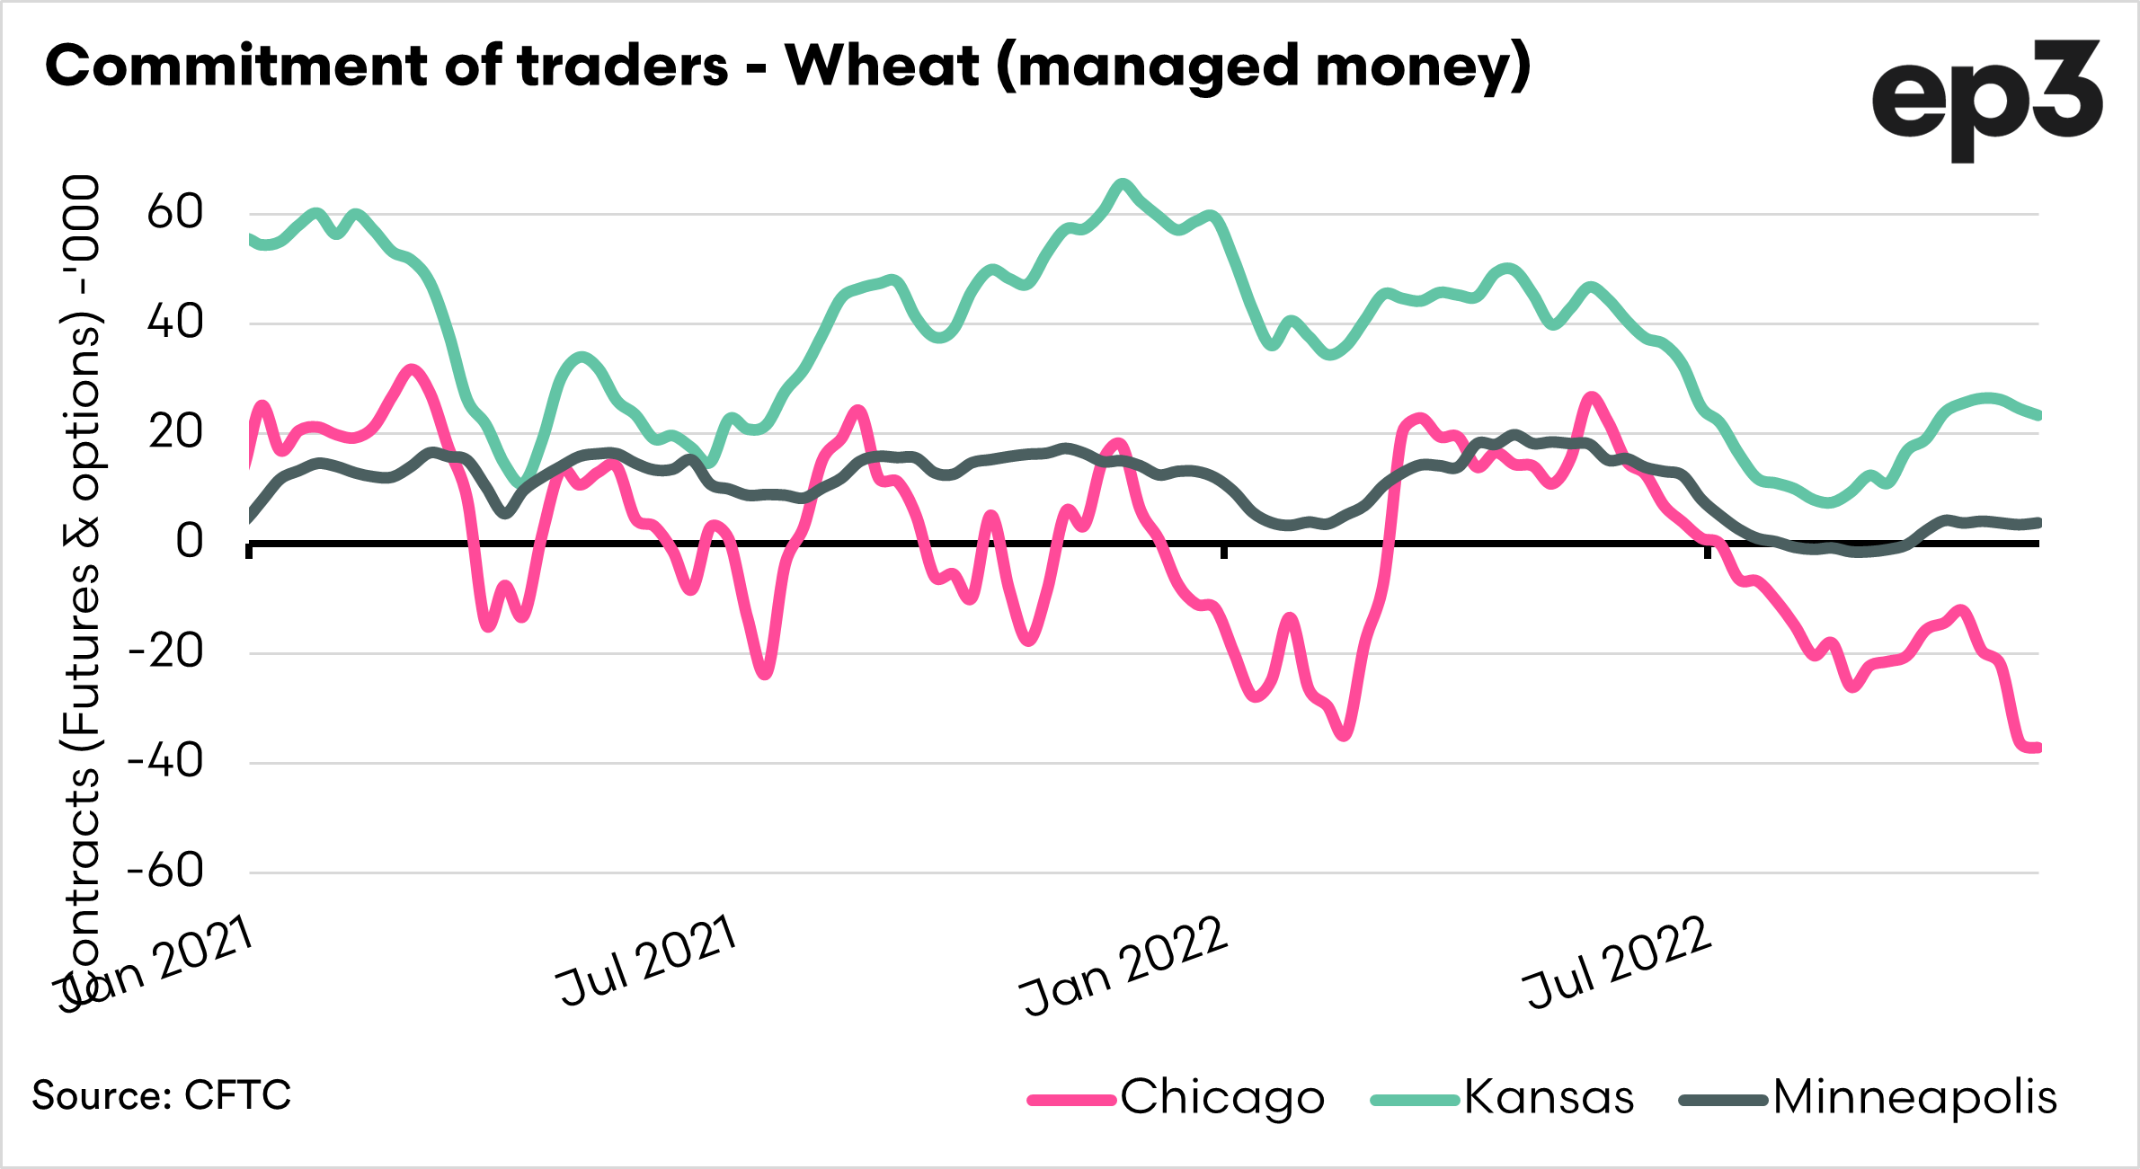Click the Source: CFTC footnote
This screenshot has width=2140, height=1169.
tap(162, 1095)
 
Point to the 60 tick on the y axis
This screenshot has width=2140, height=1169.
tap(175, 213)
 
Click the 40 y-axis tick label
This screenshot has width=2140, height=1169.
tap(175, 323)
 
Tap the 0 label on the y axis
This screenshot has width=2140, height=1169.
tap(189, 542)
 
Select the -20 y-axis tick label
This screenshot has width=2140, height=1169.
tap(166, 652)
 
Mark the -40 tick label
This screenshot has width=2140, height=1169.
tap(166, 762)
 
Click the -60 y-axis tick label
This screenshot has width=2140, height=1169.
tap(166, 872)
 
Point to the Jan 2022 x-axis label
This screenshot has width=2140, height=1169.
tap(1123, 966)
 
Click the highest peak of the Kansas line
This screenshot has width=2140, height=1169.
tap(1122, 184)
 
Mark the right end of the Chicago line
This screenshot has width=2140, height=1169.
tap(2037, 748)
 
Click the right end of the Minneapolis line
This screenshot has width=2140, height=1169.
tap(2037, 522)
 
